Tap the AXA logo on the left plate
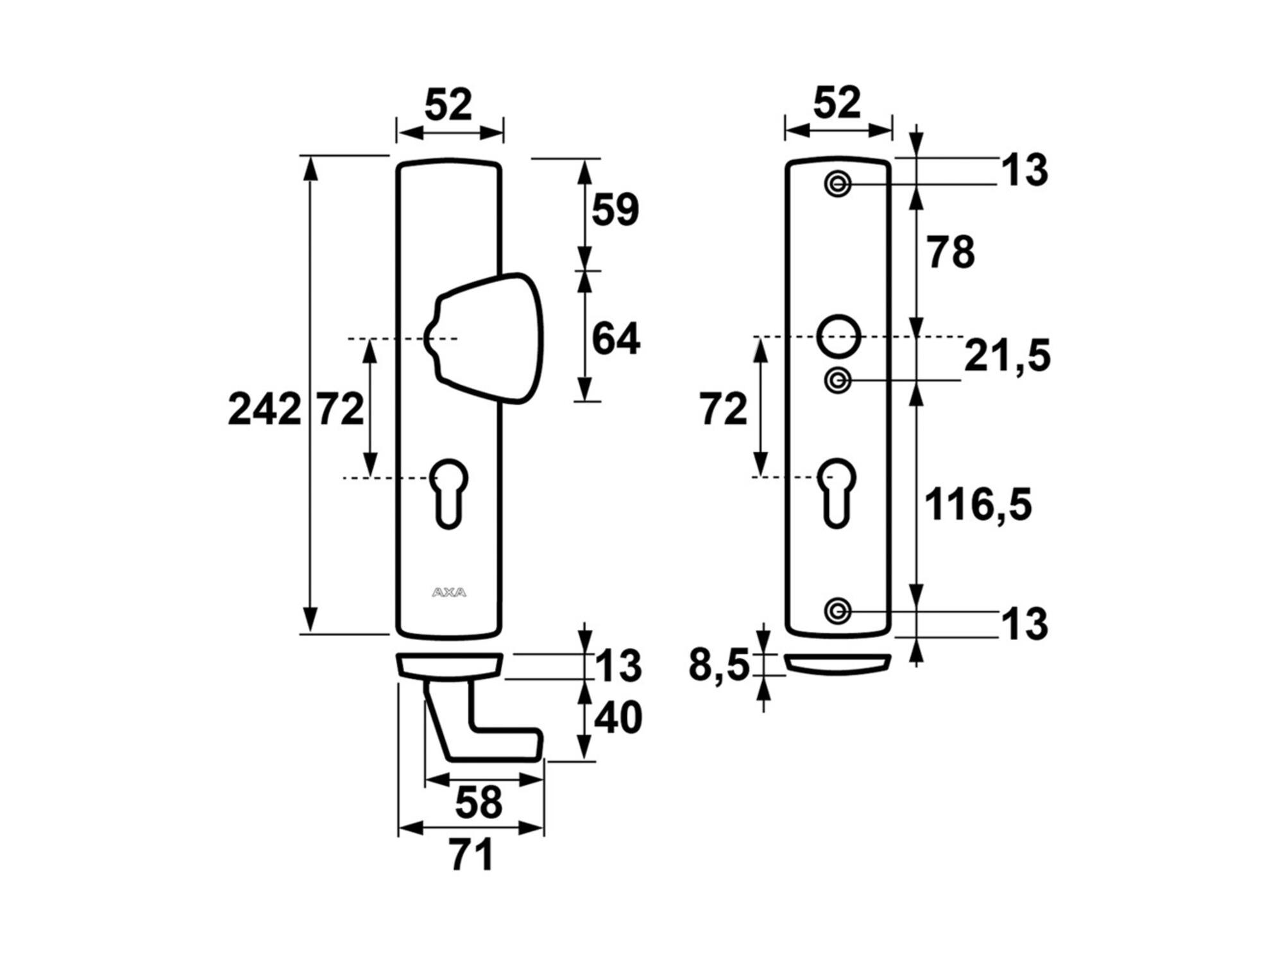click(449, 592)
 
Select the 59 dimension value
click(615, 209)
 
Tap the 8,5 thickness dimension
click(718, 665)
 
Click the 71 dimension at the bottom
click(472, 855)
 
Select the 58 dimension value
click(479, 802)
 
